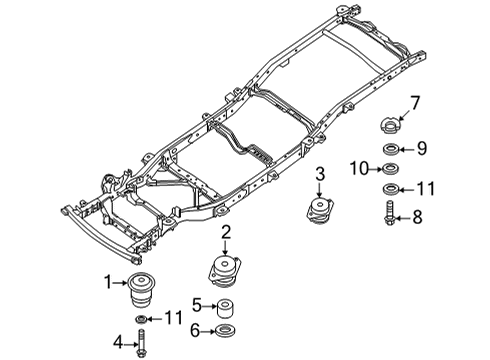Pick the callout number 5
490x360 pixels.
[198, 305]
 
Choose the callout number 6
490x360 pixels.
[198, 331]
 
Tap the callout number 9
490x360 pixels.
[421, 148]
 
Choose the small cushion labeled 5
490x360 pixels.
[228, 306]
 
